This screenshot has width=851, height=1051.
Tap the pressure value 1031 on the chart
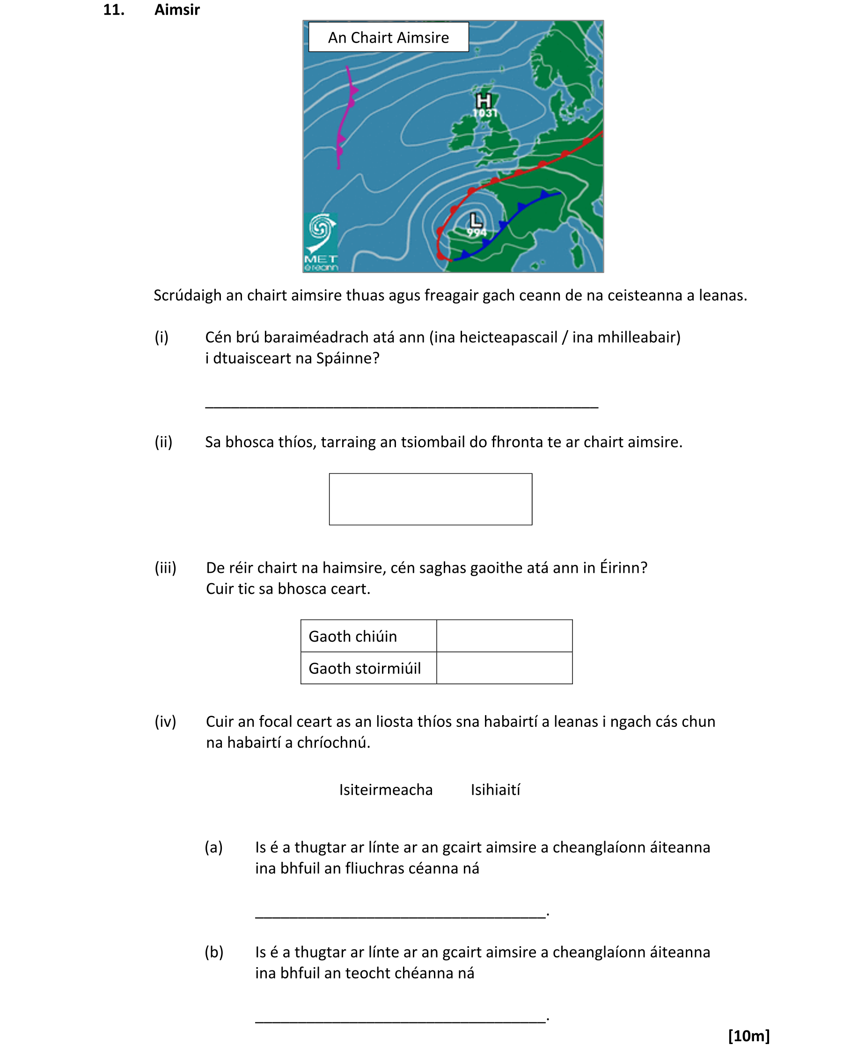485,113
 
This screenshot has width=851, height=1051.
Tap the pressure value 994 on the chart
476,232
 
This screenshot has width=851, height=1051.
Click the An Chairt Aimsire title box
388,37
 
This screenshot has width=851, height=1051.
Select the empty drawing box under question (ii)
430,499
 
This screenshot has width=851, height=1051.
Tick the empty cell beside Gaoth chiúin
504,636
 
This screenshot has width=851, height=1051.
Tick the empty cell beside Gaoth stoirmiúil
504,667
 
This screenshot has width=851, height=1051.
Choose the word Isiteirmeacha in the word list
386,790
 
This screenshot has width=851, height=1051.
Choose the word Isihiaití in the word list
495,790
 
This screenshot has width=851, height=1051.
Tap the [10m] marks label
748,1036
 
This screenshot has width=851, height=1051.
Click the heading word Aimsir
177,10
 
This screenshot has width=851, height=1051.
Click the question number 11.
114,10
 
